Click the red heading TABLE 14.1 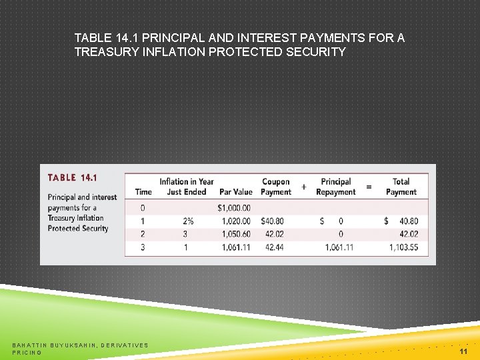point(72,178)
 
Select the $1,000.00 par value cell point(233,208)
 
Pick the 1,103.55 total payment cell point(401,247)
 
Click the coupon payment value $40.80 point(272,221)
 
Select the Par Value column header point(236,192)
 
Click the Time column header point(143,192)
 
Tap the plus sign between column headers point(304,187)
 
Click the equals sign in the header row point(369,187)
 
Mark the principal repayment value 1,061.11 point(339,247)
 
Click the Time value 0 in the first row point(143,208)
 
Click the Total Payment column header point(401,187)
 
